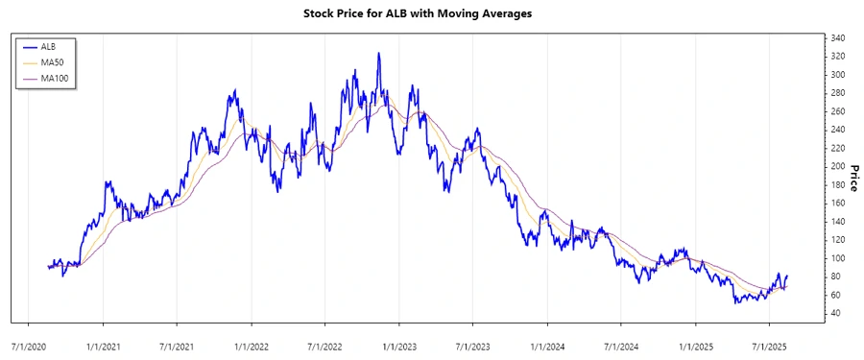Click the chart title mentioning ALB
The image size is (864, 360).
[x=431, y=14]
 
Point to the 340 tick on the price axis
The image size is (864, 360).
[x=837, y=38]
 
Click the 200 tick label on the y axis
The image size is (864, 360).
[x=837, y=167]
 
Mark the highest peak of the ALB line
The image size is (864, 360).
[x=378, y=54]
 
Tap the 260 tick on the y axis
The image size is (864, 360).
[x=837, y=112]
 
